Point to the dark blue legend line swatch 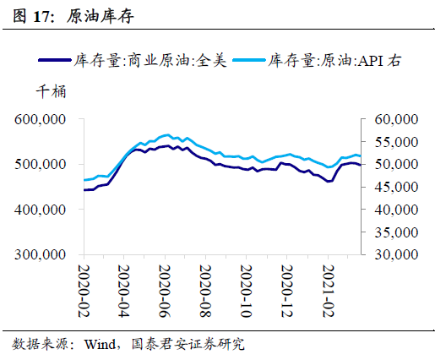coord(55,61)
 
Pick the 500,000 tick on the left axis coord(41,165)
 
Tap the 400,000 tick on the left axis coord(41,209)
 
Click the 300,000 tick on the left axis coord(41,254)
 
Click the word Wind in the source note coord(104,344)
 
